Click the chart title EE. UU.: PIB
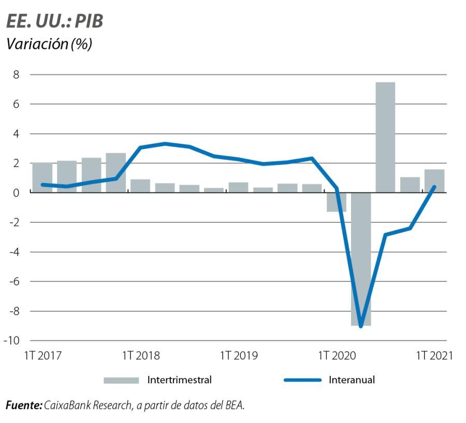pyautogui.click(x=54, y=21)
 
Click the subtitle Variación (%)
pyautogui.click(x=49, y=44)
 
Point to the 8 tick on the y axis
pyautogui.click(x=16, y=74)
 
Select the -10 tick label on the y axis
pyautogui.click(x=12, y=341)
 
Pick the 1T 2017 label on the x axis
pyautogui.click(x=42, y=356)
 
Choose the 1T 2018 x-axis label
pyautogui.click(x=140, y=356)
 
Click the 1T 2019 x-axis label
pyautogui.click(x=239, y=356)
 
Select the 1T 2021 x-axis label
pyautogui.click(x=434, y=356)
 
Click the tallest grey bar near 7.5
pyautogui.click(x=385, y=137)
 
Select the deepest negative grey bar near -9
pyautogui.click(x=361, y=259)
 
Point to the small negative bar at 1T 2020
pyautogui.click(x=336, y=202)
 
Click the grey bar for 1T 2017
pyautogui.click(x=42, y=177)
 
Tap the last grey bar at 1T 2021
pyautogui.click(x=434, y=181)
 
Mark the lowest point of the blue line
pyautogui.click(x=361, y=326)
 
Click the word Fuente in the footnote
pyautogui.click(x=23, y=405)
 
